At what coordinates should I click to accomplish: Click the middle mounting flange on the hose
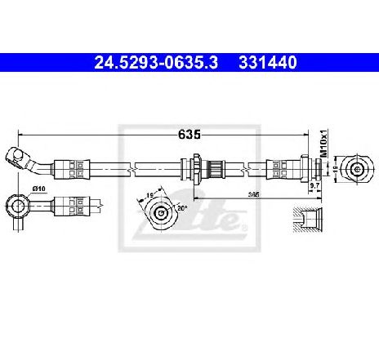197,169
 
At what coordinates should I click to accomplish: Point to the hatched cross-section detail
308,220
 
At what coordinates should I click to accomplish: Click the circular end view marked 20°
160,212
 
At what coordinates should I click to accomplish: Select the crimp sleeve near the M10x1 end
281,169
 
